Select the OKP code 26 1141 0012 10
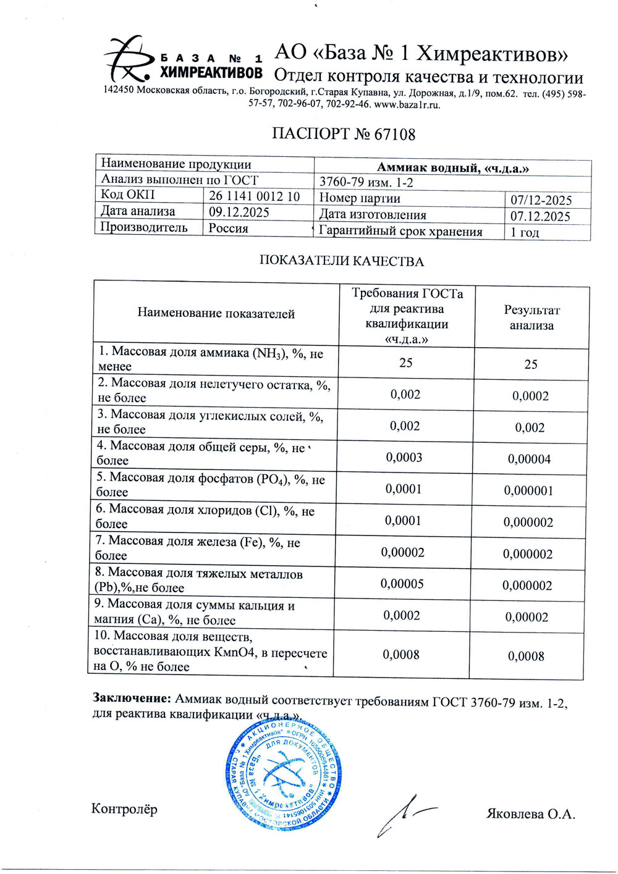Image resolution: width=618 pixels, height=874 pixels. point(254,196)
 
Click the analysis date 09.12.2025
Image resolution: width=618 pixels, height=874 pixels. point(239,212)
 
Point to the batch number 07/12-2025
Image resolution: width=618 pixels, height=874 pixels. point(541,200)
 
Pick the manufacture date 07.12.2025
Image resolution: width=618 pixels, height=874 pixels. point(540,216)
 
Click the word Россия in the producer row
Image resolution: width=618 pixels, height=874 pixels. point(228,229)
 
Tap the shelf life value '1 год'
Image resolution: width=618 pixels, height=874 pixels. point(525,233)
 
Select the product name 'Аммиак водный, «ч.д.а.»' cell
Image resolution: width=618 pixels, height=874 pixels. point(452,167)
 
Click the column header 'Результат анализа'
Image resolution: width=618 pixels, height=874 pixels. point(531,317)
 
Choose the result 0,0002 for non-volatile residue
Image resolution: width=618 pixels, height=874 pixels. point(530,397)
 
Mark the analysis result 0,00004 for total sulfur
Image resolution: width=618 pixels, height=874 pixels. point(529,460)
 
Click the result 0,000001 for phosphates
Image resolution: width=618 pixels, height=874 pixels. point(528,491)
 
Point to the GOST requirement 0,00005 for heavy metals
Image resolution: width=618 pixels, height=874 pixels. point(402,584)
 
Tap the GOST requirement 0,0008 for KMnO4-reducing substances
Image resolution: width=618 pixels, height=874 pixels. point(401,655)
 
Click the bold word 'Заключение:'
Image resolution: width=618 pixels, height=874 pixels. point(132,699)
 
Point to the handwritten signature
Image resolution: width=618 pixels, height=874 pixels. point(402,815)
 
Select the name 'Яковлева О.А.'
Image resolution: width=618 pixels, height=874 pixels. point(531,813)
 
